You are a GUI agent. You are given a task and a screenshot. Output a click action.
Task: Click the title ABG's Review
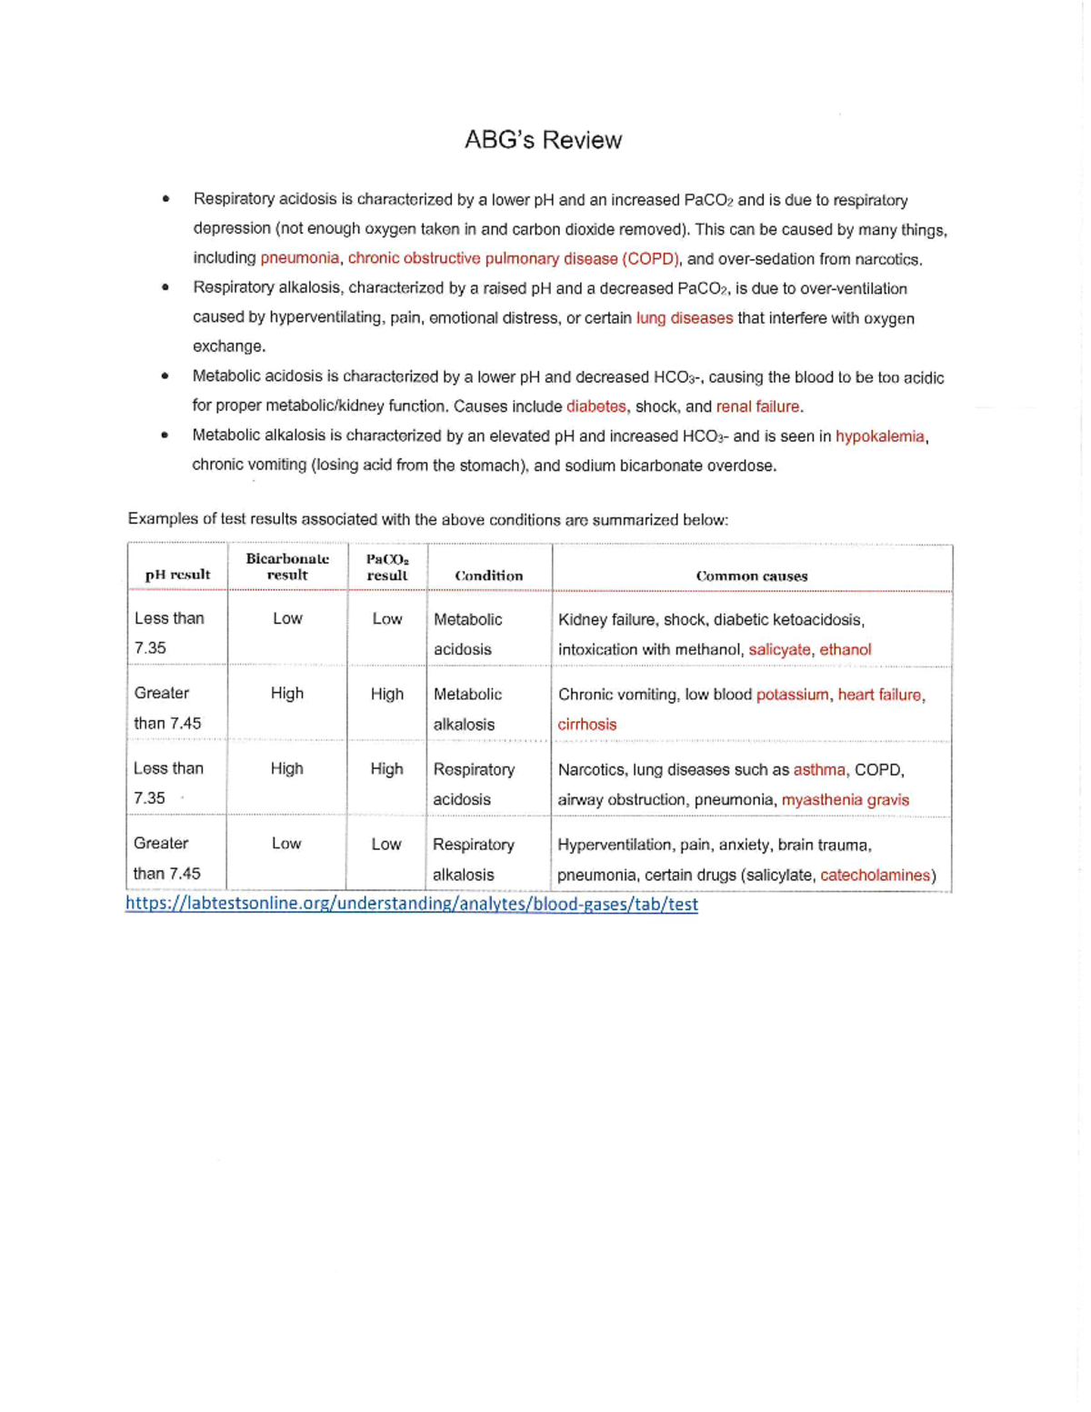(543, 140)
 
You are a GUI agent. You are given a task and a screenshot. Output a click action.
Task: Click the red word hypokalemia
(879, 436)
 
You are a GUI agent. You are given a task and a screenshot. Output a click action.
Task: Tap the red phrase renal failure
(758, 406)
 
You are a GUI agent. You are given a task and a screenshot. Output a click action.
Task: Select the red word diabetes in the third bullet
(596, 406)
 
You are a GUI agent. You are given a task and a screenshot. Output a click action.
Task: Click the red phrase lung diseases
(684, 318)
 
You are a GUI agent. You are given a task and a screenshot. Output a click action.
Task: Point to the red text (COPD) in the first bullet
(651, 258)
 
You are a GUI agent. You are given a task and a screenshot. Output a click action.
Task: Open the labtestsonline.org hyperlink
(411, 904)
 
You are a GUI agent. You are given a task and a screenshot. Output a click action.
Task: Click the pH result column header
(177, 575)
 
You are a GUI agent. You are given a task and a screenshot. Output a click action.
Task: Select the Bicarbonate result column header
(287, 566)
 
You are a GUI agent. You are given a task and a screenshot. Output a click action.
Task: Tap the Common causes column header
(751, 576)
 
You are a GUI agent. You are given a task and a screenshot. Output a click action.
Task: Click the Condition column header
(488, 576)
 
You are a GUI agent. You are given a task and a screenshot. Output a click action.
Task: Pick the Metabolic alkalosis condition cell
(467, 709)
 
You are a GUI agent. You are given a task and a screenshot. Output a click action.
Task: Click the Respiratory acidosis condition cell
(473, 784)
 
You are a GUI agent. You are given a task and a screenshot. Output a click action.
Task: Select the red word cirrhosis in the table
(586, 725)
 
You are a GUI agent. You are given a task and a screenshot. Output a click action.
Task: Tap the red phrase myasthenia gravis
(845, 799)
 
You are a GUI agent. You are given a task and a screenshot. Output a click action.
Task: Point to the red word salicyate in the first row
(779, 649)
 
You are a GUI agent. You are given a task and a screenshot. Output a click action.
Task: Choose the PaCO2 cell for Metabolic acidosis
(386, 619)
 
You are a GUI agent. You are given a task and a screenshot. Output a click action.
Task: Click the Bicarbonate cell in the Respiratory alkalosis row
(286, 844)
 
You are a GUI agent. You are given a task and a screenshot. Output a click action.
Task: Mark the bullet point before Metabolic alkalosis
(165, 436)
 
